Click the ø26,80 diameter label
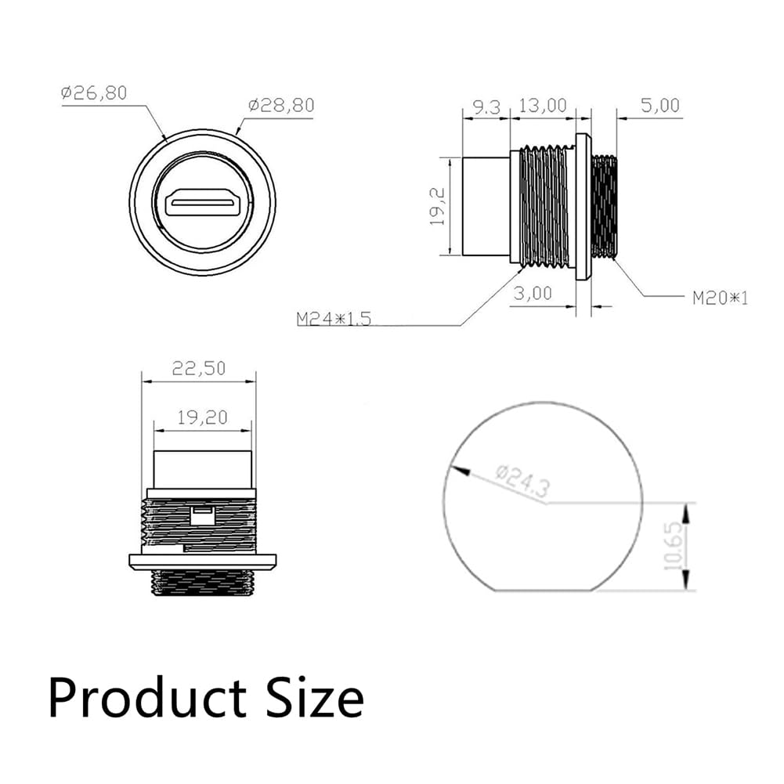(94, 93)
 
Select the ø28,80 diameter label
(281, 106)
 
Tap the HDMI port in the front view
(203, 203)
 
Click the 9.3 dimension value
(486, 107)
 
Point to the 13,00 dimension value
(543, 106)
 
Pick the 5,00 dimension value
(660, 106)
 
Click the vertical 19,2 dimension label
(438, 206)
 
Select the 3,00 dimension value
(533, 294)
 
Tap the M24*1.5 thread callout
(334, 319)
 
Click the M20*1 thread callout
(720, 298)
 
